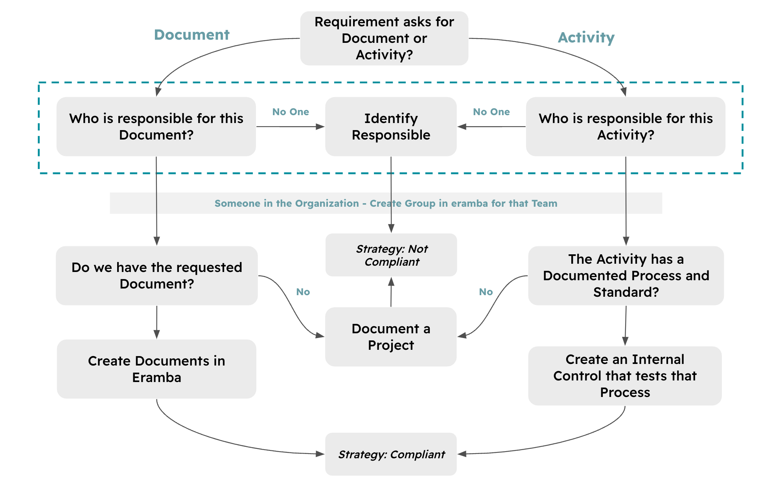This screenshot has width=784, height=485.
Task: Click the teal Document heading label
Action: coord(191,35)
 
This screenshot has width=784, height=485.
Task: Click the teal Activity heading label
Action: coord(586,38)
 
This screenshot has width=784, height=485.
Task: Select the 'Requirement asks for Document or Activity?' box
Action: coord(384,38)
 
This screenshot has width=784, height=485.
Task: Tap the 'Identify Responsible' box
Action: coord(391,127)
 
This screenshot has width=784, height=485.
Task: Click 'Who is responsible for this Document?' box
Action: coord(156,127)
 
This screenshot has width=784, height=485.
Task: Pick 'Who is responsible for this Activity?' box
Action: coord(625,127)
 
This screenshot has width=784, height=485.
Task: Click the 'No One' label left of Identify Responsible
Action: coord(291,112)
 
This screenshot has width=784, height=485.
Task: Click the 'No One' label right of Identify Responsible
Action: coord(491,112)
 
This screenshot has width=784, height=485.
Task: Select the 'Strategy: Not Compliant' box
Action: coord(391,255)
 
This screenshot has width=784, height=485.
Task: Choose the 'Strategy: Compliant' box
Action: coord(391,454)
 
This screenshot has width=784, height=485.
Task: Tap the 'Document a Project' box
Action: coord(391,337)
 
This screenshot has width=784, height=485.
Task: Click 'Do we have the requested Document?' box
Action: coord(156,276)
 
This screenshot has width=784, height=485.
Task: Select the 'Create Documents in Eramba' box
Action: coord(156,369)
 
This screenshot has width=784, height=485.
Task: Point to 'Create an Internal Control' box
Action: coord(625,376)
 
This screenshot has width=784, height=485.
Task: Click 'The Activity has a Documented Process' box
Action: coord(626,276)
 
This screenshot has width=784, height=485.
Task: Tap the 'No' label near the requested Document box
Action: coord(303,292)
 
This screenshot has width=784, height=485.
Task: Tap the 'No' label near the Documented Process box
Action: coord(486,292)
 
